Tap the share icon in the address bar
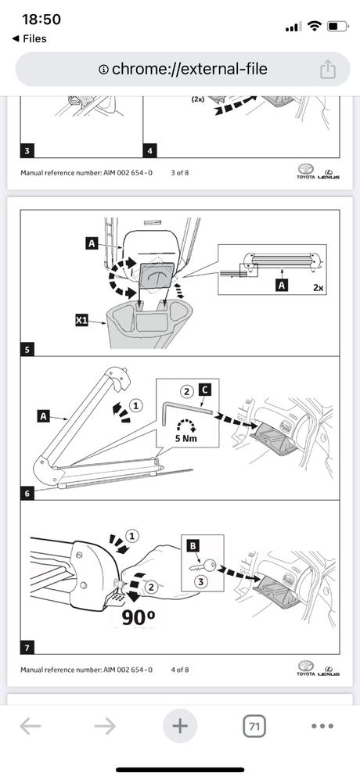(327, 69)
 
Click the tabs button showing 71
(254, 726)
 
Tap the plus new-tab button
(180, 726)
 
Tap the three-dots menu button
(322, 726)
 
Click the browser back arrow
(30, 726)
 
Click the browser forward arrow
(105, 726)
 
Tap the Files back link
(29, 38)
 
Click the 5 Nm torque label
(187, 438)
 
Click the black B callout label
(193, 546)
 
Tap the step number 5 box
(27, 350)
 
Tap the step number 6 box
(27, 494)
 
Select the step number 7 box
(27, 648)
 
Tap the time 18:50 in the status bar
(41, 20)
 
